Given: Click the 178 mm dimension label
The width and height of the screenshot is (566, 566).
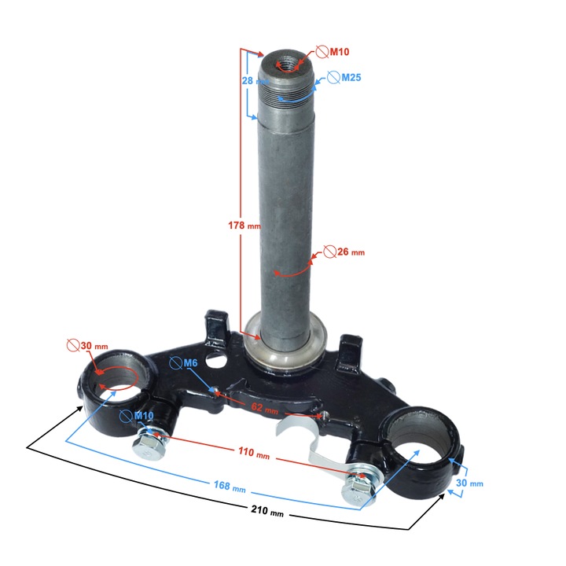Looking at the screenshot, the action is [244, 226].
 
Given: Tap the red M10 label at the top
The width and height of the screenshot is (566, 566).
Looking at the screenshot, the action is [340, 52].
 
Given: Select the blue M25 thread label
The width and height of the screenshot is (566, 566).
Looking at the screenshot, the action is [351, 78].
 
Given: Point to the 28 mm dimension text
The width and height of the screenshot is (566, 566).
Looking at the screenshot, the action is [255, 80].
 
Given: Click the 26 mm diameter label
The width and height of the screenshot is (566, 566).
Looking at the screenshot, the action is [351, 252].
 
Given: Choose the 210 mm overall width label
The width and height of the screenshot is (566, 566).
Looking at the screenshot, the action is [267, 510].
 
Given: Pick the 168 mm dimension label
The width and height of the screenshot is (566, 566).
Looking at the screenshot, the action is [230, 487].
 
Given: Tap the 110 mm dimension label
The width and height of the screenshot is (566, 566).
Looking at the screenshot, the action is [254, 453].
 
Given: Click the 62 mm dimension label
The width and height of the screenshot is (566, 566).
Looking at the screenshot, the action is [265, 408].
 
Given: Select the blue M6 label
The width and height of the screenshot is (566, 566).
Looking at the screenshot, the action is [190, 362].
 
